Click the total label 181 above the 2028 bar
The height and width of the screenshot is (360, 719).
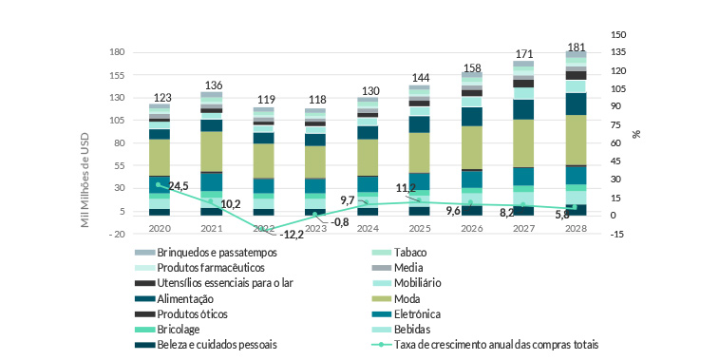576,47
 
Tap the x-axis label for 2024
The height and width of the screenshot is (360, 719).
367,228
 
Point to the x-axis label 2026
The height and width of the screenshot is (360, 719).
471,228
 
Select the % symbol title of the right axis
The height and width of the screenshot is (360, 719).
636,133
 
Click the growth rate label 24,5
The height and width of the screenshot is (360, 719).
179,186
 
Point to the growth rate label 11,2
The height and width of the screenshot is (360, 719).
406,188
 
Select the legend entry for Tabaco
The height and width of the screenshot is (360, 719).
410,253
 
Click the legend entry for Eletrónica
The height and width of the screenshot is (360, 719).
423,313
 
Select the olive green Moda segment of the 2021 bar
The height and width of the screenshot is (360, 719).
211,150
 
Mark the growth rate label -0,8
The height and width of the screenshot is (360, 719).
340,222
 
